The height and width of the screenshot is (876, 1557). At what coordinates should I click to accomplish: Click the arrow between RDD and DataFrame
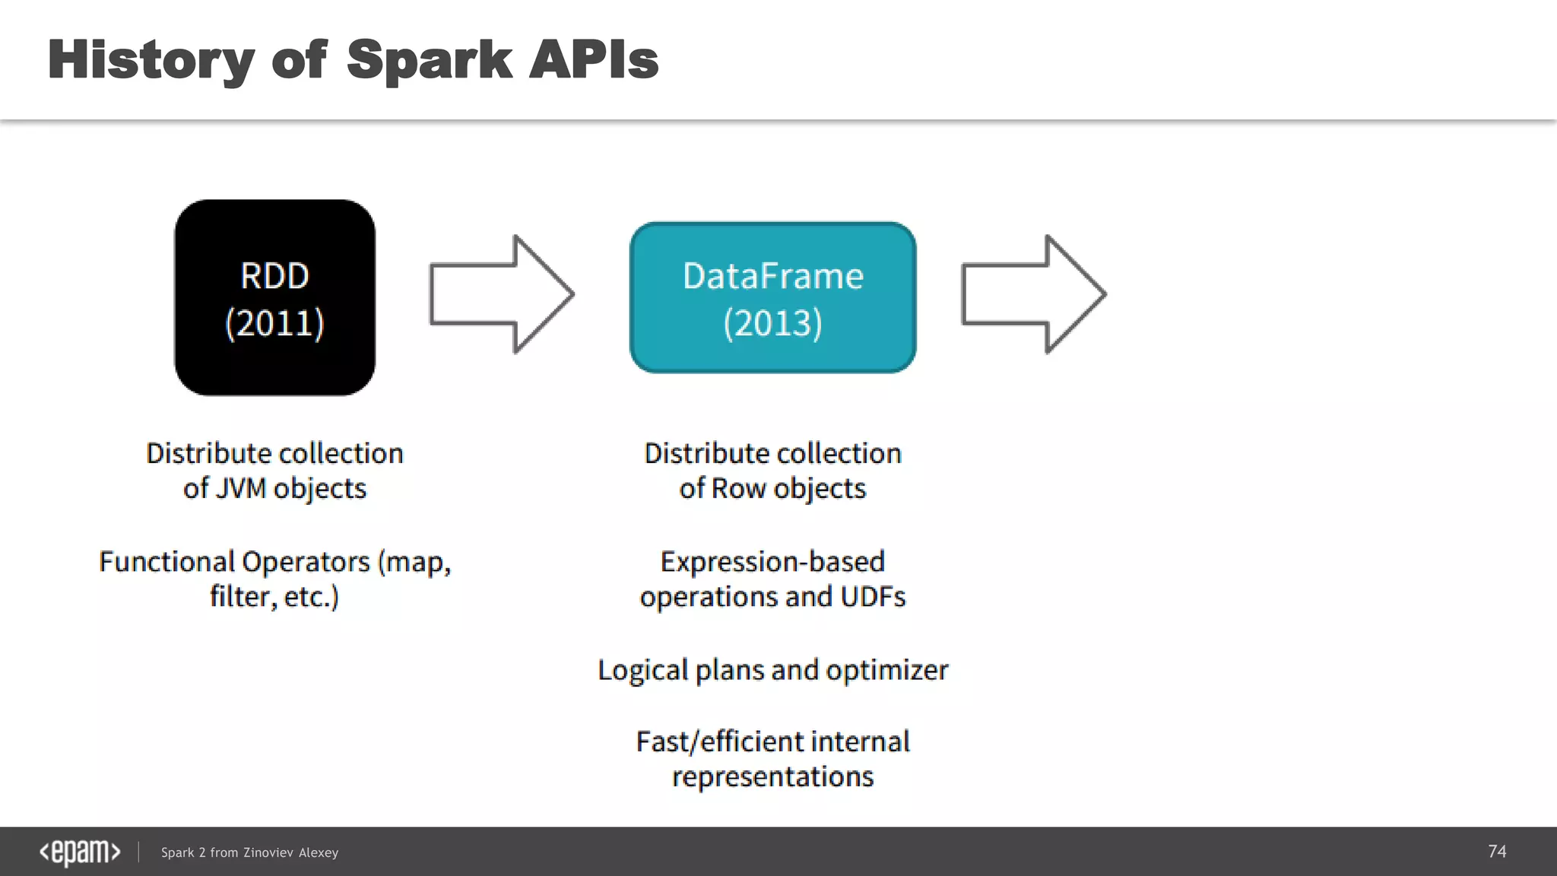click(501, 294)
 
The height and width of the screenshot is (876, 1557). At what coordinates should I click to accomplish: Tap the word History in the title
click(150, 60)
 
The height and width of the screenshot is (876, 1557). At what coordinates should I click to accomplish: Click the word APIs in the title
click(593, 60)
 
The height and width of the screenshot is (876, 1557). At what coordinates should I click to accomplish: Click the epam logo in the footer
click(80, 852)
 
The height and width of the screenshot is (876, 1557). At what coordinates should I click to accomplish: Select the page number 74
click(1496, 851)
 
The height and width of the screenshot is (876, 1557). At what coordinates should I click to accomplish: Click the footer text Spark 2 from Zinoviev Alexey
click(249, 852)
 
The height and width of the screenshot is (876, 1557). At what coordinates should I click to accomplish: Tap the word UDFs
click(873, 597)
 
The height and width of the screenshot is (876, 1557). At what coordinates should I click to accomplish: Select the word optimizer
click(886, 670)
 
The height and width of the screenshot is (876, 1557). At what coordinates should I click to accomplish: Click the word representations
click(772, 777)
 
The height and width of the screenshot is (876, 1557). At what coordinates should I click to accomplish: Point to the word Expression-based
click(772, 562)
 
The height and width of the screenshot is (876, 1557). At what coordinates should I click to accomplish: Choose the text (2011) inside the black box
click(274, 323)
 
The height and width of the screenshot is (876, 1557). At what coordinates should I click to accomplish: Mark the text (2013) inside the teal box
click(772, 323)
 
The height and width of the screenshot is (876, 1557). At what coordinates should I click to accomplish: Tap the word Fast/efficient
click(718, 741)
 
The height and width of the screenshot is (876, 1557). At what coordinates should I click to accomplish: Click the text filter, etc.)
click(274, 597)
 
